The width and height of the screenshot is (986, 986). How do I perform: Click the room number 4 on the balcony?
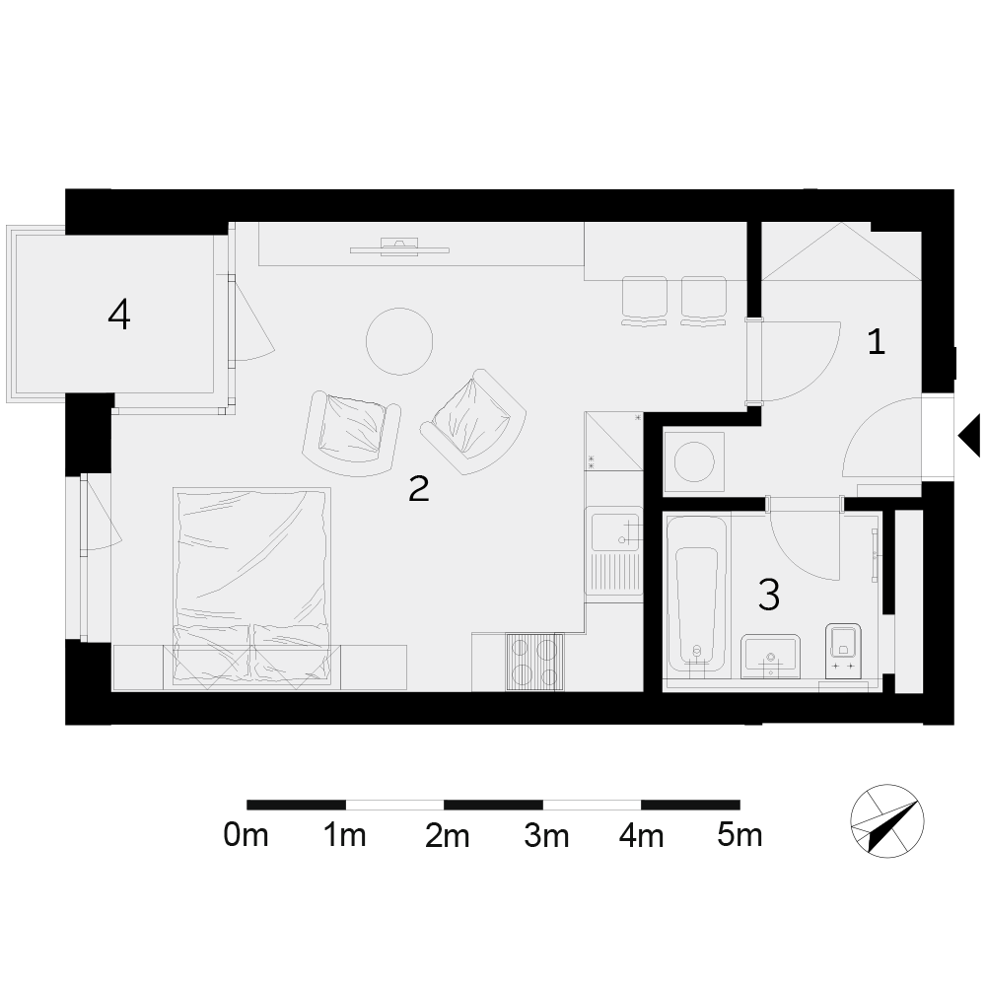119,315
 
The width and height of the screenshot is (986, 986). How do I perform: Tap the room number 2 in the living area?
419,489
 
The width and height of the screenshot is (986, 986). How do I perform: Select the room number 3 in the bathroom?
769,595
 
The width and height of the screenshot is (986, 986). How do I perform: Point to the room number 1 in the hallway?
876,342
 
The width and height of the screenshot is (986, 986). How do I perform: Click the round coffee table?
399,341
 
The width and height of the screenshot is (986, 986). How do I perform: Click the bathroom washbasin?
770,656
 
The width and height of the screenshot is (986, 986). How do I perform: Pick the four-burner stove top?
534,662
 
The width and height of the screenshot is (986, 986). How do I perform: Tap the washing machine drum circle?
694,462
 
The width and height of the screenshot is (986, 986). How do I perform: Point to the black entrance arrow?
969,435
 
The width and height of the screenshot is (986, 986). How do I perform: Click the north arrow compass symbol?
887,821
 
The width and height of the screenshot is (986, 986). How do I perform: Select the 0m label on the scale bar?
246,836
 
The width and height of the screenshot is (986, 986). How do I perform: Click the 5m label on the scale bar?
739,836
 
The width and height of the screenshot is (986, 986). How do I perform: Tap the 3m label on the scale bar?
546,836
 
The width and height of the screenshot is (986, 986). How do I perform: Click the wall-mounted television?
399,246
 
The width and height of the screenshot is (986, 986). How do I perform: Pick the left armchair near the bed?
351,434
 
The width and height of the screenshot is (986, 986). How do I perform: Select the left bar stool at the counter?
644,301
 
